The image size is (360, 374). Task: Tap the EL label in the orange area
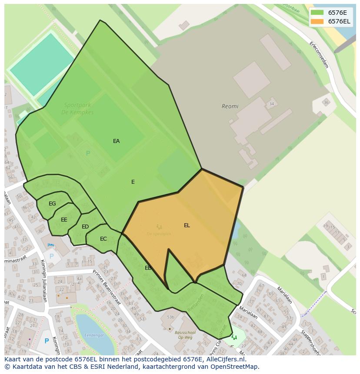click(x=187, y=225)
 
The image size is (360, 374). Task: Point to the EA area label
click(x=116, y=141)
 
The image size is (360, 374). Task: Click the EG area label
click(x=52, y=204)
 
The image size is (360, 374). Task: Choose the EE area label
click(x=64, y=220)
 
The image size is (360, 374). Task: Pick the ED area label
click(x=85, y=227)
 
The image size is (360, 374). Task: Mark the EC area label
click(x=103, y=239)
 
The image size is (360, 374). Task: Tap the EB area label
click(x=148, y=268)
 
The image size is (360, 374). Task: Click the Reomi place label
click(x=230, y=106)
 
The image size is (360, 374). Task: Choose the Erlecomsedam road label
click(x=319, y=54)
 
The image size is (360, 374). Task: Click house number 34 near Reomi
click(x=272, y=104)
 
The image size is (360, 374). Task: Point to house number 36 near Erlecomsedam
click(x=326, y=103)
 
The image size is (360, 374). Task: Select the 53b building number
click(x=170, y=317)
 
